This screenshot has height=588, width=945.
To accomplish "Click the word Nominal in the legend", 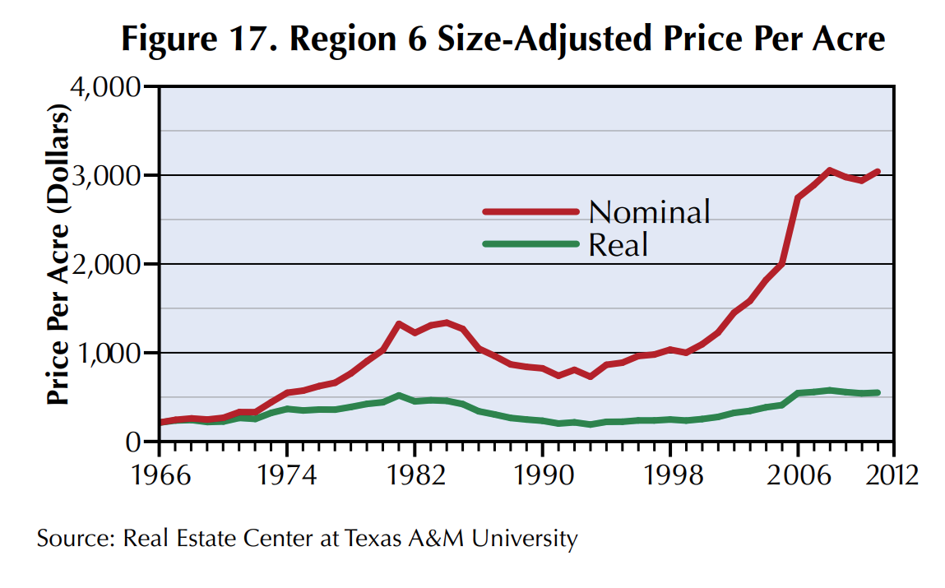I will click(649, 212).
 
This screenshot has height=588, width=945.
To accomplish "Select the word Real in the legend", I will click(618, 244).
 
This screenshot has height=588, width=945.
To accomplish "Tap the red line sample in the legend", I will click(530, 211).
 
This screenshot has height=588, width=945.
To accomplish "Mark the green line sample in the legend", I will click(530, 243).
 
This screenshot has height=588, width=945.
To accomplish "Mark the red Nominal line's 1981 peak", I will click(398, 324).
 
